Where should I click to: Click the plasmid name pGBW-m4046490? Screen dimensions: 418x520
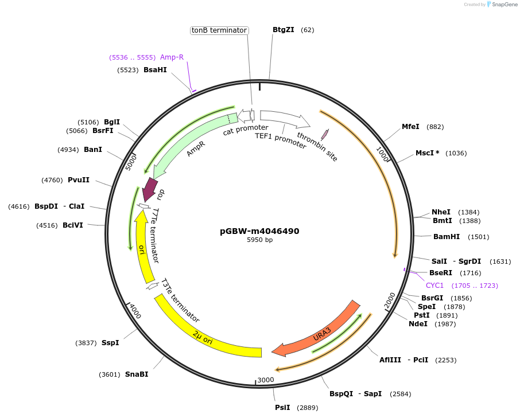tap(259, 231)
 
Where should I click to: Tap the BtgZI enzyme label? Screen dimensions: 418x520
tap(283, 30)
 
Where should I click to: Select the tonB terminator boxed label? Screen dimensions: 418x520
tap(219, 30)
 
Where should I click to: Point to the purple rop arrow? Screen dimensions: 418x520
tap(150, 189)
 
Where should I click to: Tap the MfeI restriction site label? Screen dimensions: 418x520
tap(410, 127)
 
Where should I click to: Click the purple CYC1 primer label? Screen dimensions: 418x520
tap(434, 286)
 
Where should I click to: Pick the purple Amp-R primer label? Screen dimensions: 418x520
tap(172, 57)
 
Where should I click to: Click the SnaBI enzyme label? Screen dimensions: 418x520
tap(137, 374)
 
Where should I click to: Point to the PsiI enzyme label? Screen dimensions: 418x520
tap(282, 408)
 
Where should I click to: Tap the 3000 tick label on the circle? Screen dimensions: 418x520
tap(266, 380)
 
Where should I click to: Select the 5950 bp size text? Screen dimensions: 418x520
tap(259, 240)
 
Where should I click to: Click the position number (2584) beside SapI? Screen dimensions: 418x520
tap(401, 394)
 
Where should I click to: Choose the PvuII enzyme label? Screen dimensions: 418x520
tap(79, 180)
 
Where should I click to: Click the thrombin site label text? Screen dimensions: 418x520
tap(317, 147)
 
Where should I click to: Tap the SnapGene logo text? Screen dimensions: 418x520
tap(503, 5)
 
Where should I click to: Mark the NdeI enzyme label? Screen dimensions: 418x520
tap(418, 324)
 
